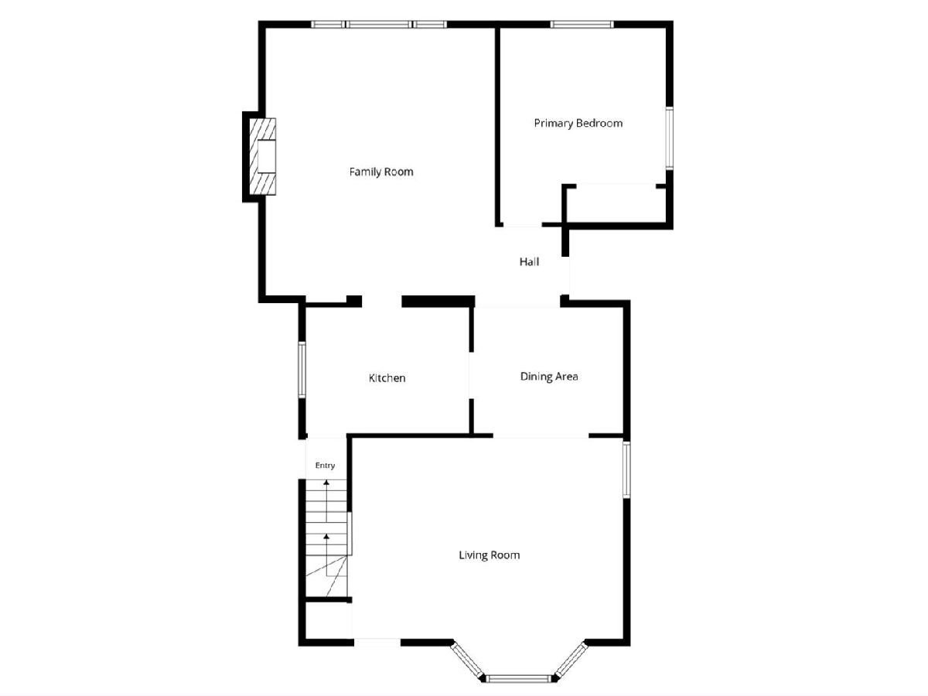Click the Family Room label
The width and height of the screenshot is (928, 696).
click(x=381, y=172)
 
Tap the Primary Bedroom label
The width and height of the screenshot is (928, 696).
click(x=578, y=124)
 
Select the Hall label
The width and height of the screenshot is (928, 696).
click(x=529, y=262)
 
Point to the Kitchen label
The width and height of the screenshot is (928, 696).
click(x=387, y=378)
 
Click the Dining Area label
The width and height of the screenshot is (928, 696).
click(x=549, y=377)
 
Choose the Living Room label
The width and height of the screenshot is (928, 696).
click(x=490, y=554)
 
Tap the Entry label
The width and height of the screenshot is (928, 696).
click(x=325, y=466)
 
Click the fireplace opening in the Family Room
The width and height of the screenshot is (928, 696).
click(x=266, y=156)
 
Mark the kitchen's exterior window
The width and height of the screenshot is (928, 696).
click(x=302, y=370)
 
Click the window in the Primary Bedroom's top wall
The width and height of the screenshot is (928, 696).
click(x=582, y=25)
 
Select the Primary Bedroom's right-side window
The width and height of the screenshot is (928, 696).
click(x=669, y=138)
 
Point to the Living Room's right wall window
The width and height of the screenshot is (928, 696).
click(x=626, y=469)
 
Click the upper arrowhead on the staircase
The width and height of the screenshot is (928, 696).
click(x=326, y=482)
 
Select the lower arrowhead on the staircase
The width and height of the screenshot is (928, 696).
click(x=326, y=536)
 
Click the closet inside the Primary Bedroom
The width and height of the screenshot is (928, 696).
click(x=616, y=204)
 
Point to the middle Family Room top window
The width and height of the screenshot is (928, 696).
click(x=379, y=25)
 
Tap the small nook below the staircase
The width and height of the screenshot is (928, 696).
click(x=329, y=621)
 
